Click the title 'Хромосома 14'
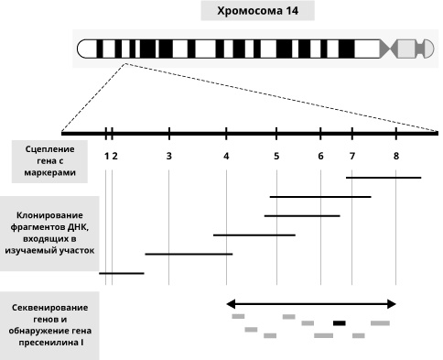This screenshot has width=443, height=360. coord(257,11)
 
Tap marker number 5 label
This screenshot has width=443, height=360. coord(276,157)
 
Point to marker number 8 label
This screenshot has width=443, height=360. coord(396,157)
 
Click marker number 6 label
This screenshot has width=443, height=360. coord(320,157)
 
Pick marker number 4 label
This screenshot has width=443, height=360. coord(226,157)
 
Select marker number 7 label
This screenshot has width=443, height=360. coord(352,157)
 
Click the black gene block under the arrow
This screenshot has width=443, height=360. coord(340,323)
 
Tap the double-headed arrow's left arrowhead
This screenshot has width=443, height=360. coord(231,304)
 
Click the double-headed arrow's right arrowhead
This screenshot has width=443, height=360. coord(392,304)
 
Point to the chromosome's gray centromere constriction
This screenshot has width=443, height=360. coord(390,49)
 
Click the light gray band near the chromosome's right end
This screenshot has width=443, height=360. coord(406,49)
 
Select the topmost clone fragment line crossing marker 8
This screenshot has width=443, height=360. coord(384,178)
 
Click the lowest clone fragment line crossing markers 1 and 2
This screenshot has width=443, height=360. coord(122,273)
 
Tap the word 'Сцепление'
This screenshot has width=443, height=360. coord(49,149)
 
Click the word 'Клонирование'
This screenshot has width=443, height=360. coord(49,215)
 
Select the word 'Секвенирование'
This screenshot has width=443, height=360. coord(49,308)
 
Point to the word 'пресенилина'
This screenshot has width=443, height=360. coord(47,343)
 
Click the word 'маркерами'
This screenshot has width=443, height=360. coord(49,172)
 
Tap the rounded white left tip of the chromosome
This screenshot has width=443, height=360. coord(83,49)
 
